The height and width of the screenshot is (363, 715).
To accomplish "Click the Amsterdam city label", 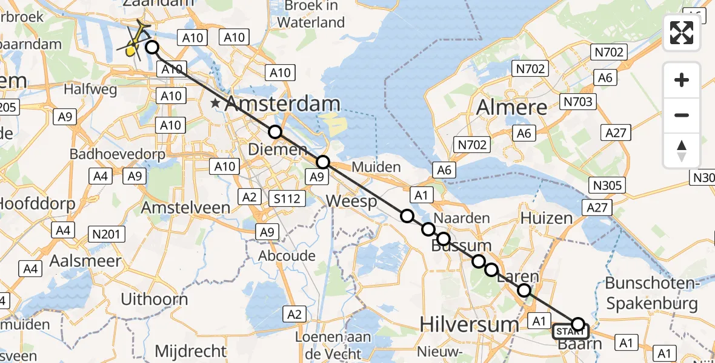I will (282, 104).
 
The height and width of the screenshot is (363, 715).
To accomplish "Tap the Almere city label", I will (512, 107).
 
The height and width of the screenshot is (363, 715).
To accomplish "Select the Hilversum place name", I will (470, 325).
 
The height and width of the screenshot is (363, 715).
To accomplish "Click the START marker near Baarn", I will (570, 331).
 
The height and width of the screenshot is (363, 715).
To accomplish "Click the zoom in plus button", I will (682, 80).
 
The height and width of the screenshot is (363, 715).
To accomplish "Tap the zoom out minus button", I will (682, 115).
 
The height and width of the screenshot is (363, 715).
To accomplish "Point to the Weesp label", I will (351, 201).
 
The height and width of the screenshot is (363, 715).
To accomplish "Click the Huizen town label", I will (546, 218).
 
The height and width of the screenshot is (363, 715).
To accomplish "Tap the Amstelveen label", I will (185, 208).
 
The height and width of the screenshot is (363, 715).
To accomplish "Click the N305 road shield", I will (608, 186).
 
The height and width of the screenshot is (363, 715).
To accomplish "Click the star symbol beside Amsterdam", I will (215, 104).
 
